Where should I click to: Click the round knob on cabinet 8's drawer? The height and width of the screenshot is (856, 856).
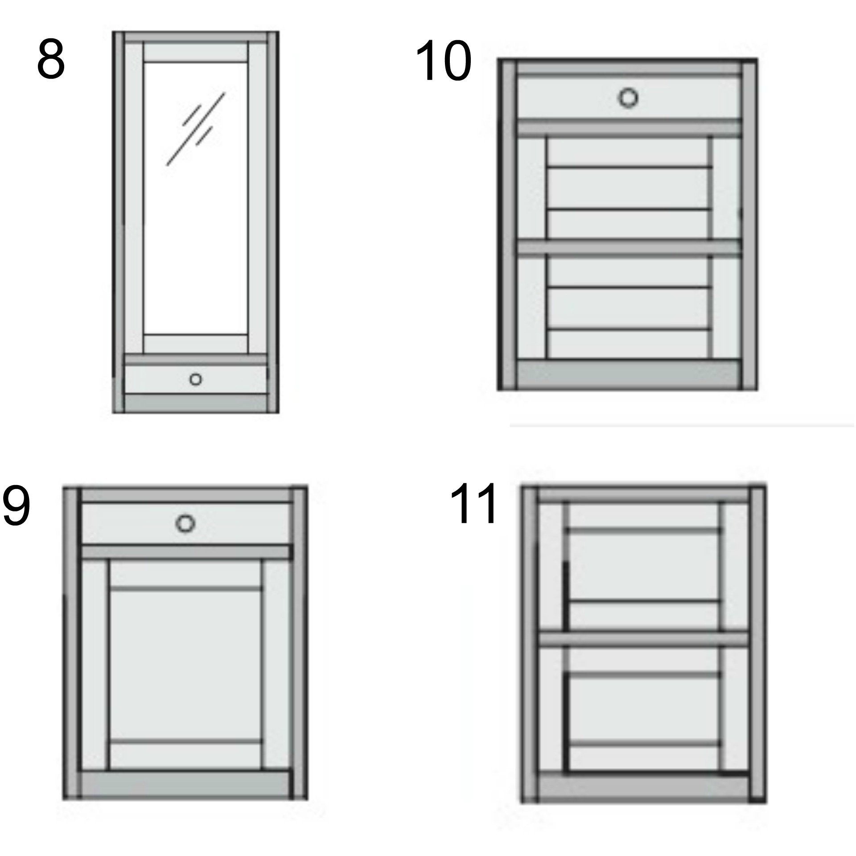coord(195,379)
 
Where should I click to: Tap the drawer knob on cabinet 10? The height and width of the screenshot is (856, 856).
coord(628,98)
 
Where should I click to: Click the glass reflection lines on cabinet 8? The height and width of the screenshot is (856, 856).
coord(196,129)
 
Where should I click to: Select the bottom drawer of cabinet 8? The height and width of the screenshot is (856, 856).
coord(196,379)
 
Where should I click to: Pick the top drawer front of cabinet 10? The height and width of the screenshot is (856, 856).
coord(629,97)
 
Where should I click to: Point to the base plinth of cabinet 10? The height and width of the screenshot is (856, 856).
coord(629,373)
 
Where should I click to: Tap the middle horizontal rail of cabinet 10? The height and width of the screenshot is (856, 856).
coord(629,248)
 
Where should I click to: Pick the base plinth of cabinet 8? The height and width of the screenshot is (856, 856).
coord(196,403)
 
